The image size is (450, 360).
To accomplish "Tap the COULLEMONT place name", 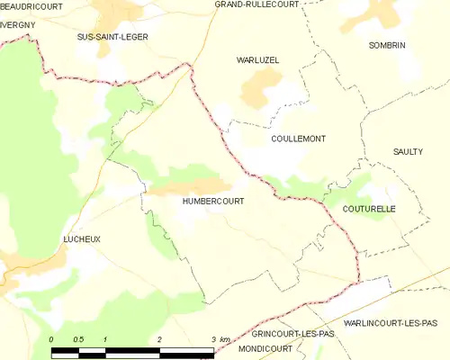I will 298,139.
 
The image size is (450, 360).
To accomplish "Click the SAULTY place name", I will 408,151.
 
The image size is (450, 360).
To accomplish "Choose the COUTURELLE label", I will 369,208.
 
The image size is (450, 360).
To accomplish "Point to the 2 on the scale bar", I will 159,339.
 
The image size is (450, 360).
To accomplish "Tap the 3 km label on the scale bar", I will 217,339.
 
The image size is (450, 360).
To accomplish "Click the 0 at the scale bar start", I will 52,339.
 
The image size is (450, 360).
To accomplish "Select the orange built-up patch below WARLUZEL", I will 260,87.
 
